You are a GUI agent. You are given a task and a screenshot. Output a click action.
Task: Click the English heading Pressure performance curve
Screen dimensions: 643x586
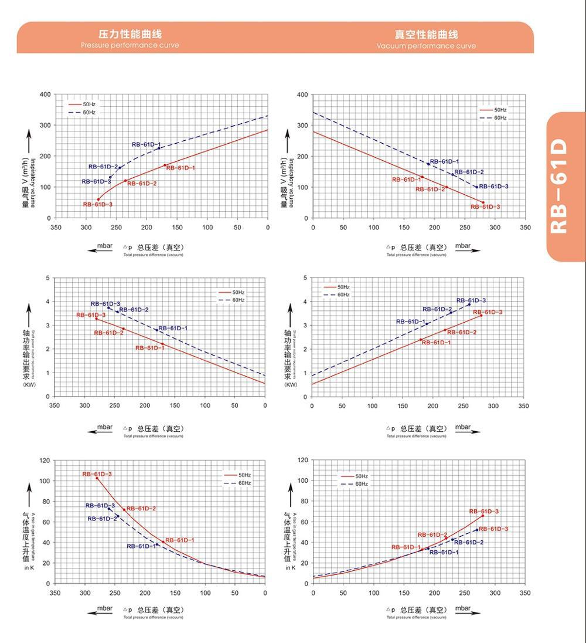(x=130, y=45)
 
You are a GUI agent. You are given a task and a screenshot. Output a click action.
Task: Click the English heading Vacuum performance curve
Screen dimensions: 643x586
(x=426, y=46)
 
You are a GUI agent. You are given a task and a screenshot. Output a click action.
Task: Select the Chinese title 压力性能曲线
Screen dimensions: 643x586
(x=130, y=34)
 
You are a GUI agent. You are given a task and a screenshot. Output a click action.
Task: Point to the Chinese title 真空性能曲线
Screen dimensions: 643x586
(x=426, y=35)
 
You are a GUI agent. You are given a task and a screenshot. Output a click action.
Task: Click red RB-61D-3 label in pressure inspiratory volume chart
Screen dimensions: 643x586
(x=97, y=204)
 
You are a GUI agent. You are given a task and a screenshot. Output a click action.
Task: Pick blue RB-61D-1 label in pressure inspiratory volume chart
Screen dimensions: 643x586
(x=146, y=144)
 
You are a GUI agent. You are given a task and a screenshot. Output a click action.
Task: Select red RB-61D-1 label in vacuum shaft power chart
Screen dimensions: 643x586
(x=436, y=342)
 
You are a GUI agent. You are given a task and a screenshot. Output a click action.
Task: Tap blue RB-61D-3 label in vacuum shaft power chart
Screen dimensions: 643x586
(x=471, y=300)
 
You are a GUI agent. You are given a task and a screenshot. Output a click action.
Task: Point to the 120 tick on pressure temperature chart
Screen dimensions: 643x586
(x=45, y=461)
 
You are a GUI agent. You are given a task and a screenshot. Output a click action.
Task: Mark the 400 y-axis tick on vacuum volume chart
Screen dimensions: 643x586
(x=302, y=94)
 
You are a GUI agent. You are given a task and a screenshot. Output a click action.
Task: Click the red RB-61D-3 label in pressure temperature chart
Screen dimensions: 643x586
(x=97, y=474)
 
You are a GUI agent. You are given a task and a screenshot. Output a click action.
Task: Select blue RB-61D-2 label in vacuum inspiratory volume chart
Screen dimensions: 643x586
(x=469, y=172)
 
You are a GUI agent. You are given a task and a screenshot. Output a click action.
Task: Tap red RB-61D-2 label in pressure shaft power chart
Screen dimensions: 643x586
(x=108, y=333)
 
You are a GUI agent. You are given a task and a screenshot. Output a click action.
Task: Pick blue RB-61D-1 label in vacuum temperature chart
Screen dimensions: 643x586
(x=444, y=552)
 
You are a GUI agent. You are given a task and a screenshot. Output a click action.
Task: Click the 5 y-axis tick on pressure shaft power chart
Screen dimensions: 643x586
(x=47, y=278)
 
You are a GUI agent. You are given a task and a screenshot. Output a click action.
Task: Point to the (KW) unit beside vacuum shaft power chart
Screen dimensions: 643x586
(x=291, y=385)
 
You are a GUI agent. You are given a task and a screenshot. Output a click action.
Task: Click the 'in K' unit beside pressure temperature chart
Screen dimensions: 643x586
(x=29, y=567)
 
